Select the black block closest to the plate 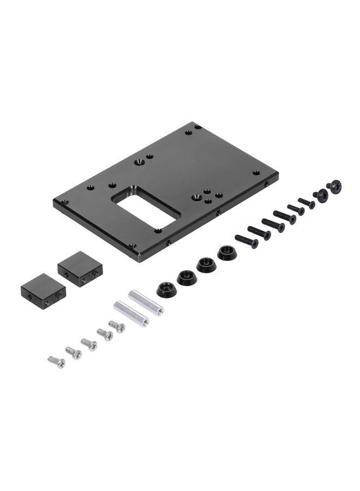tap(80, 268)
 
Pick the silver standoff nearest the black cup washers tap(146, 303)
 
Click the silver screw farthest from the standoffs tap(56, 362)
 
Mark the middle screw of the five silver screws tap(89, 344)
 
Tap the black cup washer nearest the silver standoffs tap(166, 289)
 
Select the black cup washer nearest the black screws tap(227, 253)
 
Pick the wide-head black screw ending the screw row tap(334, 187)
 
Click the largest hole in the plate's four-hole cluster tap(207, 192)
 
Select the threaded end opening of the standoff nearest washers tap(160, 312)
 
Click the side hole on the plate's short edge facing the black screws tap(266, 184)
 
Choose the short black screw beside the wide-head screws tap(307, 203)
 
